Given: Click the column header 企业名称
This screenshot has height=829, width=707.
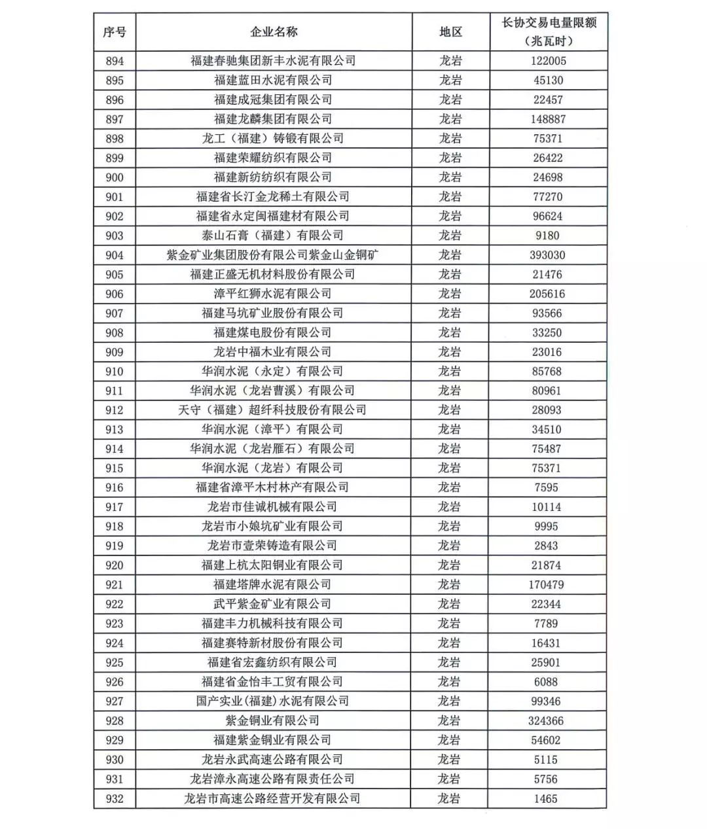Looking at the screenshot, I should (274, 32).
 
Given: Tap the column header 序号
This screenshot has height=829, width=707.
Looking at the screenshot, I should (115, 32).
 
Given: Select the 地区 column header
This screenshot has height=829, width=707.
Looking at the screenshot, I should (450, 32).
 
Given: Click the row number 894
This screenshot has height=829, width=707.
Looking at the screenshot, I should (115, 61).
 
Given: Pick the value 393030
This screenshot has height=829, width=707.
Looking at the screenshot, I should (547, 255).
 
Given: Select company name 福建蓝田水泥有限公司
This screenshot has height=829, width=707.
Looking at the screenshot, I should (273, 80).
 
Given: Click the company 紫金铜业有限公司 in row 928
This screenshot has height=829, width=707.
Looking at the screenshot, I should (273, 720).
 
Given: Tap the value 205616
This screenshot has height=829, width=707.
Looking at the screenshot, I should (547, 294).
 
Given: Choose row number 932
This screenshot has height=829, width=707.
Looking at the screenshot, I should (115, 798).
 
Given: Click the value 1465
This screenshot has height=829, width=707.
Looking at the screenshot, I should (546, 798).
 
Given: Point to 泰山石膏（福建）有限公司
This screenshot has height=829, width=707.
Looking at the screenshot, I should (273, 236).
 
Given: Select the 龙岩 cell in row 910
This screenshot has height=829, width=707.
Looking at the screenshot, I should (450, 372).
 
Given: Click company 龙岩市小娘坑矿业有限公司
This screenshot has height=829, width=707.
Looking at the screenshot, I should (273, 526).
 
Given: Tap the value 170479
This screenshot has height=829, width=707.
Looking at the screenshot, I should (547, 584).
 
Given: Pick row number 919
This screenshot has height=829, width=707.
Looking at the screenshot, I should (115, 546).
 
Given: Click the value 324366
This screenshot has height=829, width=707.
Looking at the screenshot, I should (546, 720).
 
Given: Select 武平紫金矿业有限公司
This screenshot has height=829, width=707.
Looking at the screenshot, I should (273, 604).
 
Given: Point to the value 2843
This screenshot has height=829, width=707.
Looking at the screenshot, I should (546, 546).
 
